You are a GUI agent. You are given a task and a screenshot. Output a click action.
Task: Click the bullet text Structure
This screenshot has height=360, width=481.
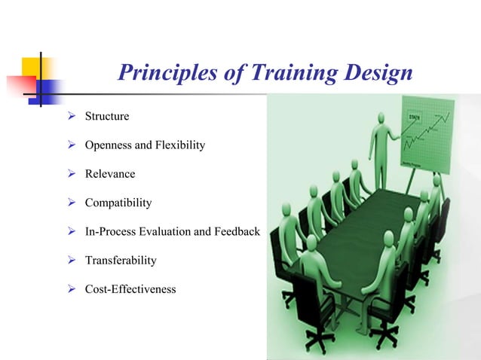[107, 117]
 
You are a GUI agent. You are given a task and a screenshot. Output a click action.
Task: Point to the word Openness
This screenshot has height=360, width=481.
[111, 145]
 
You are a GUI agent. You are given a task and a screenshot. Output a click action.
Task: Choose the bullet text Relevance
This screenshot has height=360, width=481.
[110, 174]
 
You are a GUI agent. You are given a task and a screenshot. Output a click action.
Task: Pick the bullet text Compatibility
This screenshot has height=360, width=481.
[118, 203]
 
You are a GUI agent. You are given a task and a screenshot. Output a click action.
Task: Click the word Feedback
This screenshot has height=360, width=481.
[237, 231]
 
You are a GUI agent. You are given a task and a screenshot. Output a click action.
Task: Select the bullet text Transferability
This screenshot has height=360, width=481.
[121, 260]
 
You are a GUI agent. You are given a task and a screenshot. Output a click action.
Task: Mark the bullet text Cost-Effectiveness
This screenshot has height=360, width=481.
[130, 288]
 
